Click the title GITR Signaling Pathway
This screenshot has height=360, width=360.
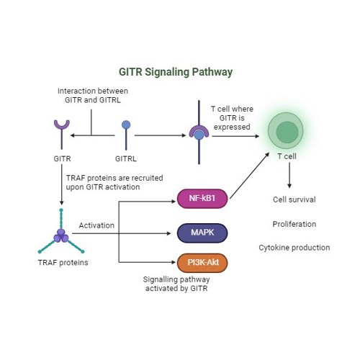point(175,72)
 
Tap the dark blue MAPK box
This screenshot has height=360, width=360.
point(202,232)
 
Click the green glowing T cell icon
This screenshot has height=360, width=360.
point(287,132)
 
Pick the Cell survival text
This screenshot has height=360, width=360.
point(294,199)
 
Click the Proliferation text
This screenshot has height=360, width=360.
point(294,224)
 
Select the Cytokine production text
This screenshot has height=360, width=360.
point(294,248)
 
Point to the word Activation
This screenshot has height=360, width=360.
point(96,225)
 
